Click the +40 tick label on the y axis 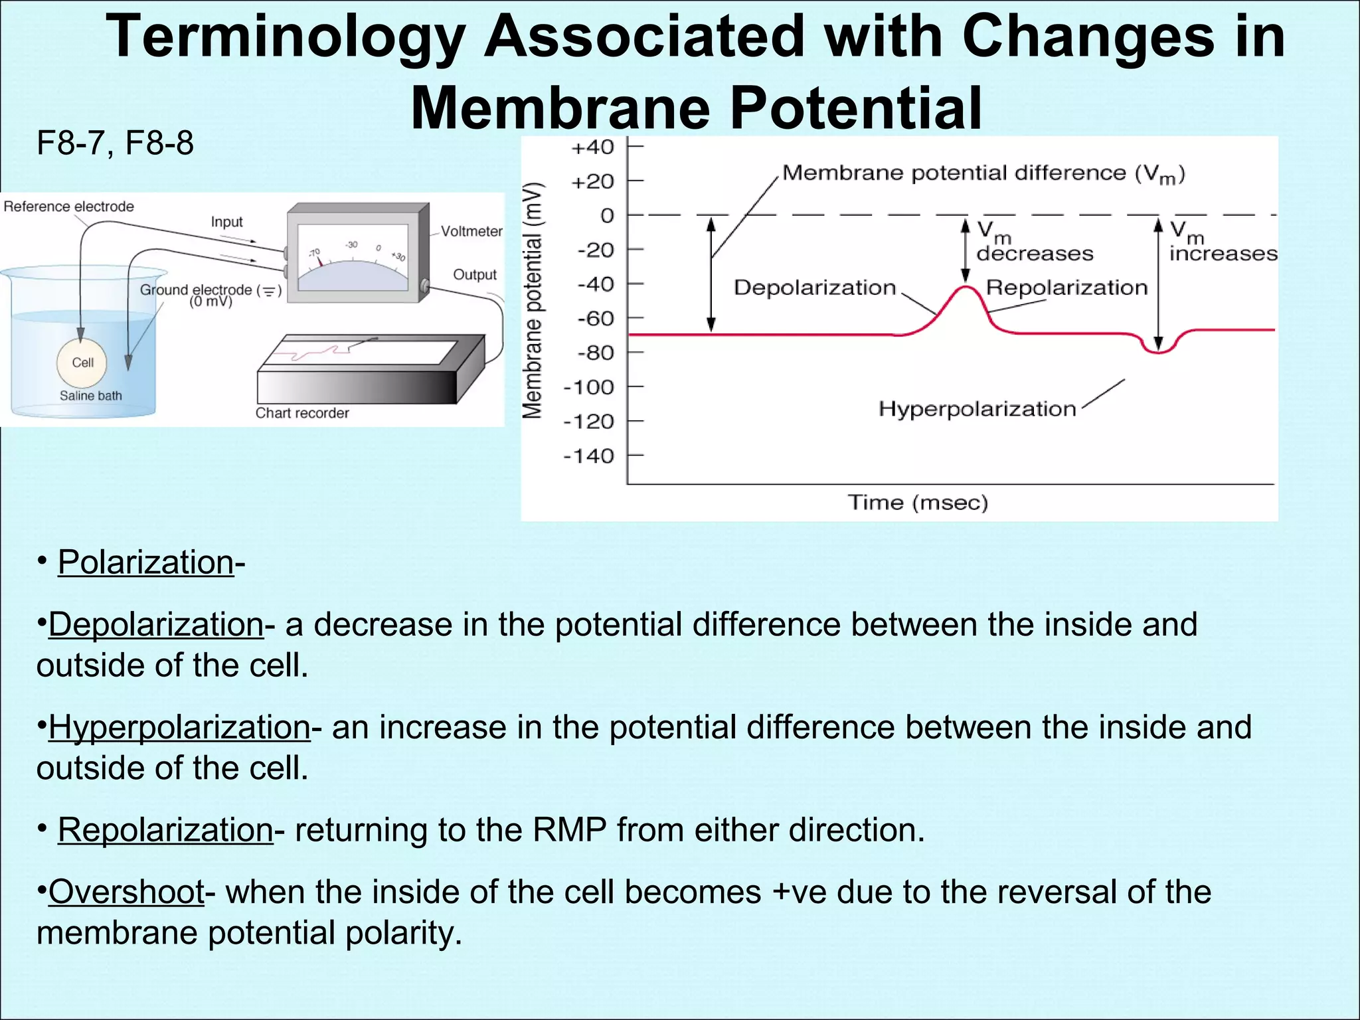592,147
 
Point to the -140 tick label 589,456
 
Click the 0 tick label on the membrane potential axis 607,216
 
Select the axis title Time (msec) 918,502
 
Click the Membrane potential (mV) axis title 533,300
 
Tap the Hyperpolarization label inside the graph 977,409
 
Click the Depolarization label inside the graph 815,288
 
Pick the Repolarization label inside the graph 1066,288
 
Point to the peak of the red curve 968,287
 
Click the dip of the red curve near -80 1158,352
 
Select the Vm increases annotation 1222,242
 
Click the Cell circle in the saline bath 82,363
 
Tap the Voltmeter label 471,231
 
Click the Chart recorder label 302,413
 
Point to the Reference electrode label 68,207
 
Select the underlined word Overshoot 126,891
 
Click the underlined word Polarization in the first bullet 145,562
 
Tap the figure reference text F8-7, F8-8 115,143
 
